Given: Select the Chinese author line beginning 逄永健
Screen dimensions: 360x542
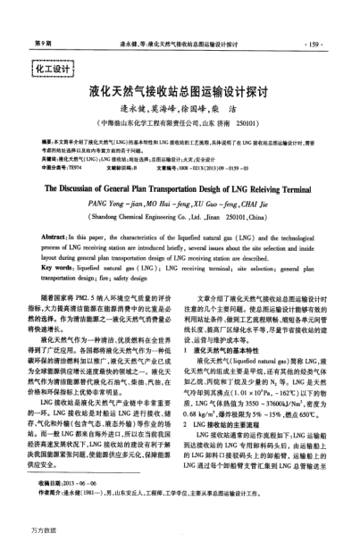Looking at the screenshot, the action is (180, 110).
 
